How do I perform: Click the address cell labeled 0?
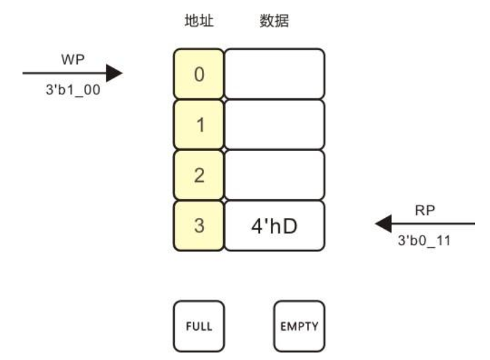coord(199,74)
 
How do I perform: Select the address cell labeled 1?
coord(199,124)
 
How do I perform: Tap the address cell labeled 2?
coord(199,175)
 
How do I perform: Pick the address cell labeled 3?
coord(199,225)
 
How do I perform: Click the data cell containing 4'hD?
coord(275,225)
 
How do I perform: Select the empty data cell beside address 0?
coord(275,74)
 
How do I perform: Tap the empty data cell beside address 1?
coord(275,124)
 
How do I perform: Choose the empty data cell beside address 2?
coord(275,175)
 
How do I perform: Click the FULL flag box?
coord(199,327)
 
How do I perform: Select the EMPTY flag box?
coord(300,327)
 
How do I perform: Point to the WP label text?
coord(73,59)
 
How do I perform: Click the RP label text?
coord(424,210)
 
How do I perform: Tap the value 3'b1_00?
coord(73,89)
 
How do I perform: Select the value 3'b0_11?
coord(424,240)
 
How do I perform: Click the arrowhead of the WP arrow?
coord(114,73)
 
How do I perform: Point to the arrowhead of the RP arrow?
coord(384,223)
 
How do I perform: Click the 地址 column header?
coord(199,21)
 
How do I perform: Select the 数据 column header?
coord(274,21)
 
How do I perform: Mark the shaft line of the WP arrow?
coord(64,73)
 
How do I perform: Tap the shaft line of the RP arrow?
coord(433,223)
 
